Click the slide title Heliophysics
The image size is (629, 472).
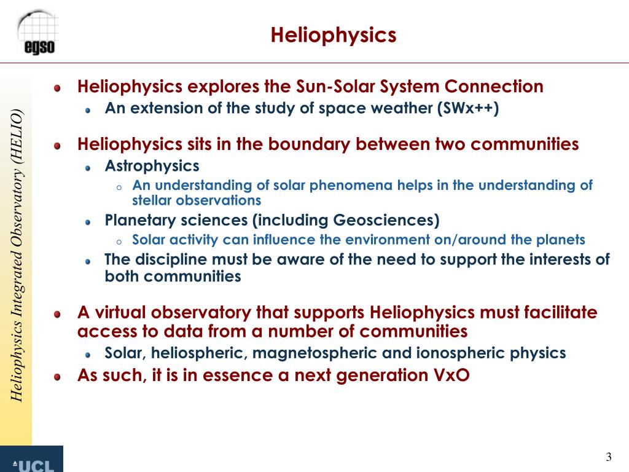pyautogui.click(x=334, y=34)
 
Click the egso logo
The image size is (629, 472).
pyautogui.click(x=39, y=32)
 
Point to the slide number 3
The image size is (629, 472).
pyautogui.click(x=609, y=457)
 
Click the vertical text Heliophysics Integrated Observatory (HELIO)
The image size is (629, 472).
pyautogui.click(x=17, y=255)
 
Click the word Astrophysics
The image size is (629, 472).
pyautogui.click(x=152, y=166)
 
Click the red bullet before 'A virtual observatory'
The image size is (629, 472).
pyautogui.click(x=57, y=314)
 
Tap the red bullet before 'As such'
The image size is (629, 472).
pyautogui.click(x=57, y=376)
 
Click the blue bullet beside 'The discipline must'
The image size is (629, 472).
pyautogui.click(x=88, y=261)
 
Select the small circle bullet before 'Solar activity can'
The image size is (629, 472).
pyautogui.click(x=119, y=242)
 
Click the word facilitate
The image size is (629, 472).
pyautogui.click(x=561, y=313)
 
